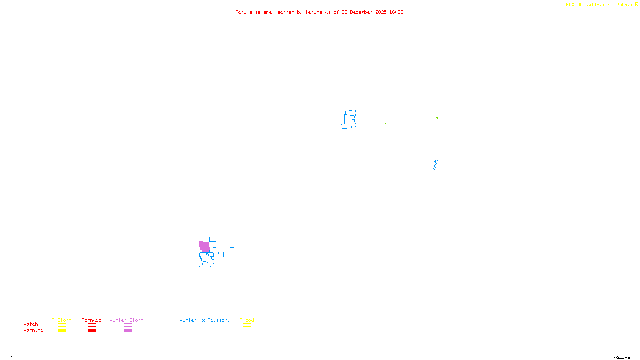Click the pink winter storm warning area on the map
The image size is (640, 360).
[204, 246]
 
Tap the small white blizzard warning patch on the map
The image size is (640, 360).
[199, 251]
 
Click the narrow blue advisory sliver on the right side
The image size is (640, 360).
[435, 165]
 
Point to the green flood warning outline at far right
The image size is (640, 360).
[437, 118]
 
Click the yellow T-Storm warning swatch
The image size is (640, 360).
[62, 331]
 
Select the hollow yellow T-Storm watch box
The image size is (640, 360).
[62, 325]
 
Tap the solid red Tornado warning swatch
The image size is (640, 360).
[92, 331]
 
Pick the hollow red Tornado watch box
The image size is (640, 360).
[92, 325]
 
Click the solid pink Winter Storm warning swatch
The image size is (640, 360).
[128, 331]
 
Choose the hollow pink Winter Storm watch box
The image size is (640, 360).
[128, 325]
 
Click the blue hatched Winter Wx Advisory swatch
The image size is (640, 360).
[204, 331]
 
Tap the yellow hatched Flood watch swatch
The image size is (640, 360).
[247, 325]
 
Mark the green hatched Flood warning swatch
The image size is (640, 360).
[247, 331]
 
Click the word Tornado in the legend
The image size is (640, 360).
[92, 320]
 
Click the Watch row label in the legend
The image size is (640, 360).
[31, 324]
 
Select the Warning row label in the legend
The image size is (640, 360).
[33, 330]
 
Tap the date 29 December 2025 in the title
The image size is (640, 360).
[364, 12]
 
